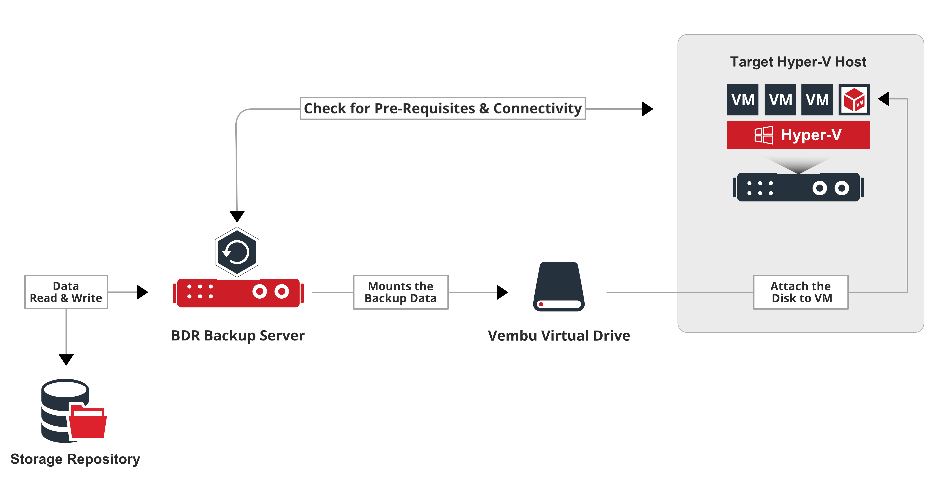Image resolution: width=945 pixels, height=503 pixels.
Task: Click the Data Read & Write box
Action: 66,292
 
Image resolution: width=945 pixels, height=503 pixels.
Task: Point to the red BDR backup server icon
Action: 239,293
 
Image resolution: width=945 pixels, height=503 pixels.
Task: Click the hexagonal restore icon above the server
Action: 237,252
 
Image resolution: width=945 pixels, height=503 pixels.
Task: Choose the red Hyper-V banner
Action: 798,135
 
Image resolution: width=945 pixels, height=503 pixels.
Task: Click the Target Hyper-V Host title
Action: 798,62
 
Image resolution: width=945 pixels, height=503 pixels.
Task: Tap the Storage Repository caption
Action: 75,459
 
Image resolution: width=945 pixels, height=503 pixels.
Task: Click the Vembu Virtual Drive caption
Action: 559,336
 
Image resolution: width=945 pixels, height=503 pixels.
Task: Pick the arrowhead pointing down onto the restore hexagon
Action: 237,216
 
